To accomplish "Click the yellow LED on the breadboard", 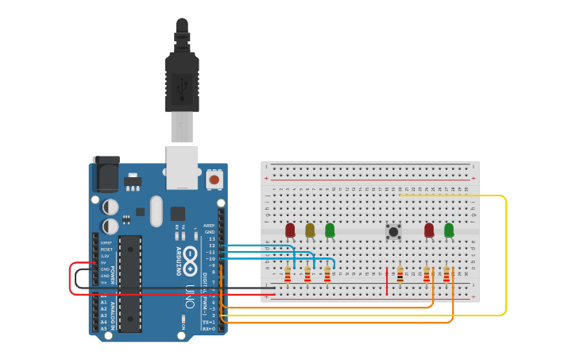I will (x=310, y=230).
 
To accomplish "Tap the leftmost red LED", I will (x=290, y=230).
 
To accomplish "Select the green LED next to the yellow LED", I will (x=330, y=230).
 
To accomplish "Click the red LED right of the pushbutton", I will (x=429, y=230).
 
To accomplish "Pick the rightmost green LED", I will (x=449, y=230).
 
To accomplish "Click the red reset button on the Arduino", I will (x=214, y=180).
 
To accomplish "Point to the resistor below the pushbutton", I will (x=400, y=274).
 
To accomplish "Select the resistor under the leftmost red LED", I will (x=288, y=274).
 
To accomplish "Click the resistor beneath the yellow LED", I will (x=307, y=274).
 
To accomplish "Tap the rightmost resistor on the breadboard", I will (x=446, y=274).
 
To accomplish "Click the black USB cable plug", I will (x=182, y=79).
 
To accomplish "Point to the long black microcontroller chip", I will (x=130, y=282).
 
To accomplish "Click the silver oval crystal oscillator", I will (x=156, y=211).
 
